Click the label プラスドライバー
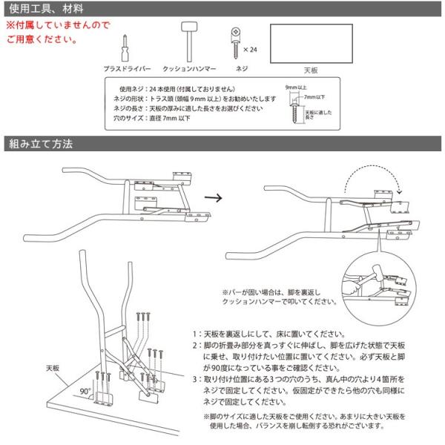(127, 67)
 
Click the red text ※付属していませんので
(57, 24)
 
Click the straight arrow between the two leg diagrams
(213, 199)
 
